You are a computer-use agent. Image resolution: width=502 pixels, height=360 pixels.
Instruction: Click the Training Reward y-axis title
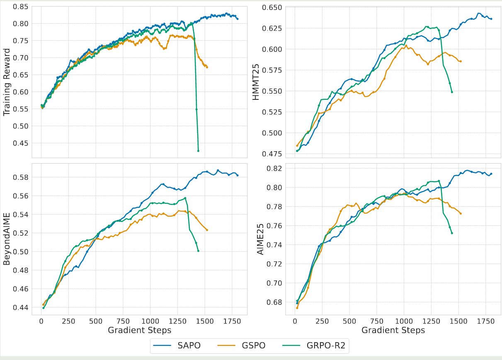click(7, 82)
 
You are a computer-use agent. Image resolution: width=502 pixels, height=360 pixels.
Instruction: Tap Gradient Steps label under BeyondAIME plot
click(139, 330)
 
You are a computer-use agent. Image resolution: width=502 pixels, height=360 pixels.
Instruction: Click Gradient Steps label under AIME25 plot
click(393, 330)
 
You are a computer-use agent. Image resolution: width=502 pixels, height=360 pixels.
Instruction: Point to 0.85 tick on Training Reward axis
click(21, 7)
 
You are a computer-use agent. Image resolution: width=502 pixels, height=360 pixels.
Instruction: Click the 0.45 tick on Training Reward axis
click(21, 143)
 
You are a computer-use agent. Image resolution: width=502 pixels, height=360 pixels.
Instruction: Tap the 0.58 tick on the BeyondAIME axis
click(21, 177)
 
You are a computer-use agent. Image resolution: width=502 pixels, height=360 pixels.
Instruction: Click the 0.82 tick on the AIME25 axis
click(274, 168)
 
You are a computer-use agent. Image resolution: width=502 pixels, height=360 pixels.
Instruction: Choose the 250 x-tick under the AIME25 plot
click(322, 321)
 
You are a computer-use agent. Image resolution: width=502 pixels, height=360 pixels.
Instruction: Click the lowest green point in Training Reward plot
click(198, 151)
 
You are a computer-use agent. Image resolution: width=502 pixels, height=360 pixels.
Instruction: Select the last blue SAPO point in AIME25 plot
click(491, 174)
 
